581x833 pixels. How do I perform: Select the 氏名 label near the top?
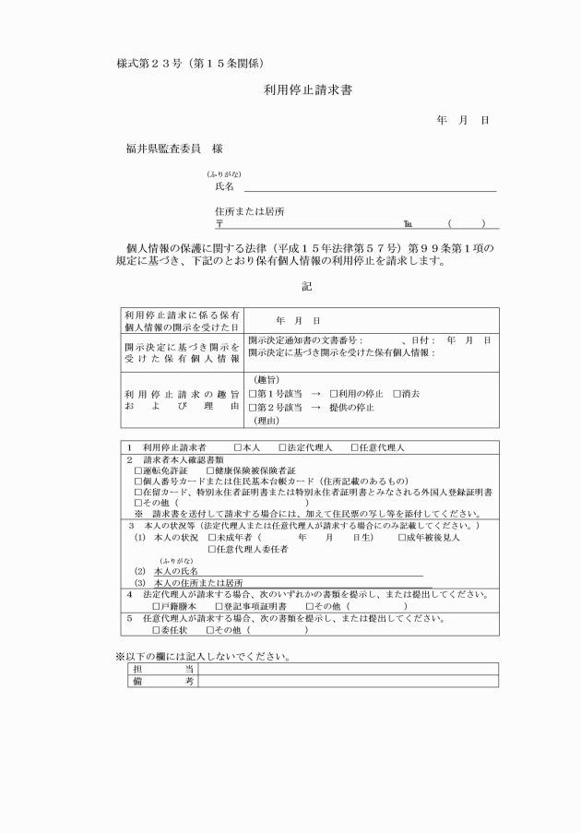[x=224, y=186]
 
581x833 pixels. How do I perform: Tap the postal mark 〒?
[x=219, y=223]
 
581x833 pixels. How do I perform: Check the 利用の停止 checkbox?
[x=333, y=393]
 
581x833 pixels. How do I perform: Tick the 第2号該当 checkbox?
[x=253, y=407]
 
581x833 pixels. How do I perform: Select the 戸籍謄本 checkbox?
[x=155, y=606]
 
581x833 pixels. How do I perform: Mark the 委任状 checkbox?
[x=155, y=630]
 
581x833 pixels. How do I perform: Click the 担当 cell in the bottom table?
[x=162, y=668]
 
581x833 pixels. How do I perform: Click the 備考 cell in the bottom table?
[x=162, y=681]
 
